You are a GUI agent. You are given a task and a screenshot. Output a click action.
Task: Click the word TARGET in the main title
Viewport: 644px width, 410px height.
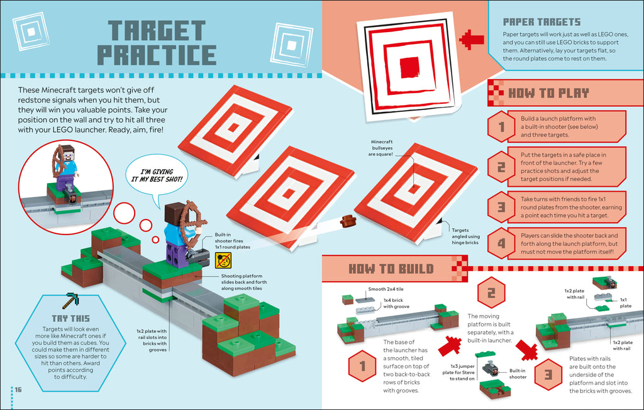156,31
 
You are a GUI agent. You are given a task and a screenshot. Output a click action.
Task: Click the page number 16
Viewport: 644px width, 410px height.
18,390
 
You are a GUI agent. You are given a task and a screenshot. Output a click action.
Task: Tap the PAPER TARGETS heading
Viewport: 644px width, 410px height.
541,22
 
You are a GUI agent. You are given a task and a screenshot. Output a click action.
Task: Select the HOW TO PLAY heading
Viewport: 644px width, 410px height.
548,94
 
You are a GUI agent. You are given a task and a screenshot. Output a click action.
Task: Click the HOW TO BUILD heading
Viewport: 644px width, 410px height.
391,269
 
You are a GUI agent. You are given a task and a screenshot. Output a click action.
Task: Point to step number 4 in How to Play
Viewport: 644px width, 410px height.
501,243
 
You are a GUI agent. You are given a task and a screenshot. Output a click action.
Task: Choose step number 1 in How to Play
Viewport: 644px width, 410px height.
501,126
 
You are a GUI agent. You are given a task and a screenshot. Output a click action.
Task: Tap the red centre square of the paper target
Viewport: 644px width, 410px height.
410,66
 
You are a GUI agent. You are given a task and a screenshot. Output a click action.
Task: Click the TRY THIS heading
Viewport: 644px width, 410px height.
70,319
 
